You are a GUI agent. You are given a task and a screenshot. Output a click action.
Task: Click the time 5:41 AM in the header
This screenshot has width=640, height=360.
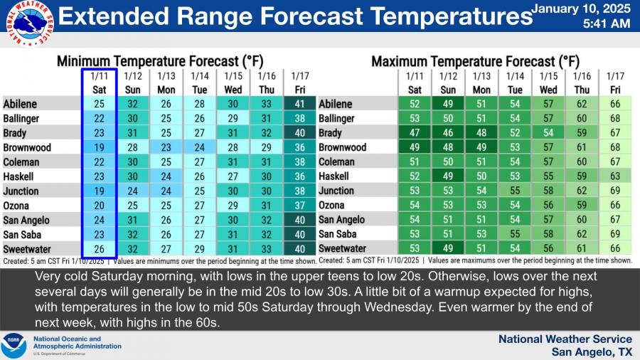tap(606, 23)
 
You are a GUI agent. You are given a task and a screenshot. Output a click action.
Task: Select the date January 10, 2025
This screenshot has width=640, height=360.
tap(580, 9)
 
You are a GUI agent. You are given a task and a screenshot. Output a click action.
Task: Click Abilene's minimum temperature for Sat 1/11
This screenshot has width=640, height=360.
tap(99, 104)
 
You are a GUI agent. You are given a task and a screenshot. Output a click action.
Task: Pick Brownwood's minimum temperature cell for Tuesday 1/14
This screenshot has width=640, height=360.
tap(201, 147)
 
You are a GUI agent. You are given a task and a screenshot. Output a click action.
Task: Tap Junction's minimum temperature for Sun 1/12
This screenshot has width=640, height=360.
tap(132, 191)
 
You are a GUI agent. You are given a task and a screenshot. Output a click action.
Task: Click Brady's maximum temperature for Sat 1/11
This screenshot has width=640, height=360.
tap(415, 133)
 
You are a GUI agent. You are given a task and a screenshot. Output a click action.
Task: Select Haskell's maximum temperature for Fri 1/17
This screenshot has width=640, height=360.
tap(614, 176)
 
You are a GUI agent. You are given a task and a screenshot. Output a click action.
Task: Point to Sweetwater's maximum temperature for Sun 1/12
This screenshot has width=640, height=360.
tap(448, 249)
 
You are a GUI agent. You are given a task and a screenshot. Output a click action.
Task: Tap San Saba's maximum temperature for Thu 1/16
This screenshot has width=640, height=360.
tap(582, 234)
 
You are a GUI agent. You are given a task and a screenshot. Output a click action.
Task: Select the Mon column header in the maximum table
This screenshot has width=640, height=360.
tap(481, 90)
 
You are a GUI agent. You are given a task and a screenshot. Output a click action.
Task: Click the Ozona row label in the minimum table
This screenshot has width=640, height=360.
tap(16, 206)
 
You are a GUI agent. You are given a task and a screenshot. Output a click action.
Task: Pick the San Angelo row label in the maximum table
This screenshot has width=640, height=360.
tap(343, 220)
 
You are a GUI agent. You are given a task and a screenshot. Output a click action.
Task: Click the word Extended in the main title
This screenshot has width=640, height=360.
tap(107, 16)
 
